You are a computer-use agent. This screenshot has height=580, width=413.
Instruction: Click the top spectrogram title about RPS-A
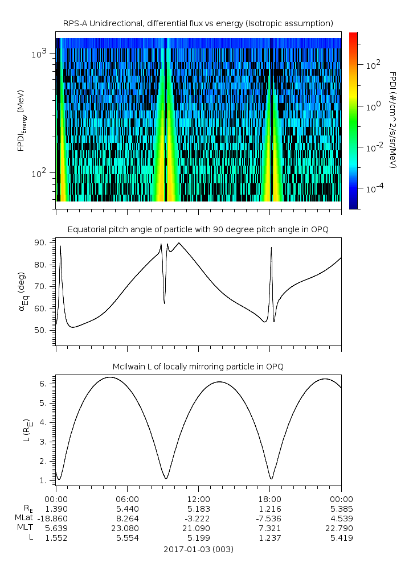tap(198, 23)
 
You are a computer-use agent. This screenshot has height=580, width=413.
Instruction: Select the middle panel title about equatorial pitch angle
tap(198, 229)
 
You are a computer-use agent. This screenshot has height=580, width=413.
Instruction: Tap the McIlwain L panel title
tap(198, 366)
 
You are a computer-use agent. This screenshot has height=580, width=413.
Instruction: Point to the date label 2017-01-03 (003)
tap(198, 549)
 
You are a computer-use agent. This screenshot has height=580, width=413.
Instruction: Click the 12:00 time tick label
tap(198, 497)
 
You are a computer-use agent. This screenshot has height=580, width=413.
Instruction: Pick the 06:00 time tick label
tap(127, 497)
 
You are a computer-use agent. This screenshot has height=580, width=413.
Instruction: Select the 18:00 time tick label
tap(269, 497)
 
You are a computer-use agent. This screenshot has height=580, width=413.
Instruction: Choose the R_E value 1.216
tap(269, 508)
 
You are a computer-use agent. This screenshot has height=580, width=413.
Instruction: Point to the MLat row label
tap(24, 518)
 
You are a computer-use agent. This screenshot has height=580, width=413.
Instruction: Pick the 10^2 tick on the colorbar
tap(373, 65)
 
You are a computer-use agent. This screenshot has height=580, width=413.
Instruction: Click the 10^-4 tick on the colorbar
tap(374, 188)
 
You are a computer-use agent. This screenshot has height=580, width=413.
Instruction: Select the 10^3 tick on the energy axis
tap(40, 54)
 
